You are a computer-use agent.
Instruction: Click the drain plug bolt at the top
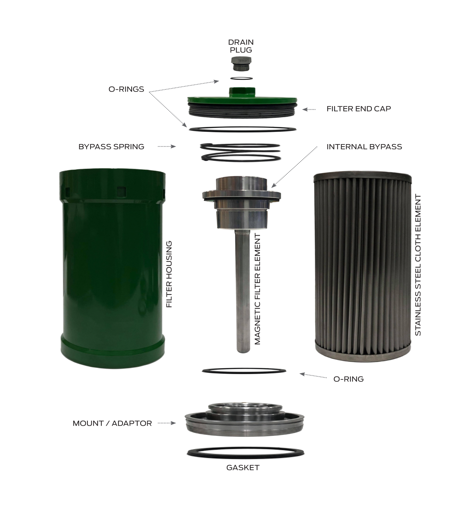[241, 64]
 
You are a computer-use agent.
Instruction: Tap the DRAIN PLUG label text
[241, 46]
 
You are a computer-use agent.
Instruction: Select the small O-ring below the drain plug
[241, 78]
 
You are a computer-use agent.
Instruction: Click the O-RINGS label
[126, 89]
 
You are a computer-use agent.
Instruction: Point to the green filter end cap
[242, 103]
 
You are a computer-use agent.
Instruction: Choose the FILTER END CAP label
[358, 109]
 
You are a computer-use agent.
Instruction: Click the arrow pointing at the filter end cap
[309, 110]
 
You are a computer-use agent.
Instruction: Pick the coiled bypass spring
[241, 152]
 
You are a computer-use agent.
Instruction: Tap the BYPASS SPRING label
[111, 147]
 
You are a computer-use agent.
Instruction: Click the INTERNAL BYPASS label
[364, 147]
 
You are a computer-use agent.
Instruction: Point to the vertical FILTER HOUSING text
[169, 274]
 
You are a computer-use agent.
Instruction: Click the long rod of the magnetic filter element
[243, 291]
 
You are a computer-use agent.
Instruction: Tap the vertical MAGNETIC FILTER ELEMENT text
[258, 289]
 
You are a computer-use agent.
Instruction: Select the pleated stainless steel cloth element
[363, 267]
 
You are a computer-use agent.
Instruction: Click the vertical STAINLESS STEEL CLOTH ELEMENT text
[418, 265]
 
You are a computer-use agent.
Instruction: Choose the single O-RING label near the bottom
[348, 379]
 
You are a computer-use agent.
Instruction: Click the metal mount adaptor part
[244, 419]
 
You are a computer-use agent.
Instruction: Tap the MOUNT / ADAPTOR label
[112, 423]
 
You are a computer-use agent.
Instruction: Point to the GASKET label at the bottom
[243, 468]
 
